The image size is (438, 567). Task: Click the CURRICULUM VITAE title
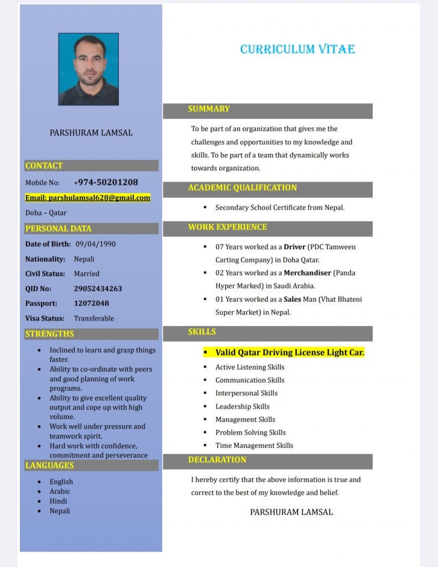298,49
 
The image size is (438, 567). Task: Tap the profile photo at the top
88,69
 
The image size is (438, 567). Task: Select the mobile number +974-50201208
106,182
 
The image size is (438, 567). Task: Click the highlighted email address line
88,198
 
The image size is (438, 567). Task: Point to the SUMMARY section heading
208,109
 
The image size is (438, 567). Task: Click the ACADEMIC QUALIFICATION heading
242,188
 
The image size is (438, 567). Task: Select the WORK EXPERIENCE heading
227,227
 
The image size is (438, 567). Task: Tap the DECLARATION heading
217,460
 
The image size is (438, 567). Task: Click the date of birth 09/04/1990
96,244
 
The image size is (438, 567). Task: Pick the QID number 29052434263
98,288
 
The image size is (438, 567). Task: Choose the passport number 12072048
91,303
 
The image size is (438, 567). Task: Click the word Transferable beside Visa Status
94,318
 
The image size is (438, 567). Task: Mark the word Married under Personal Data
87,274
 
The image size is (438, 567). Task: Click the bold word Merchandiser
307,273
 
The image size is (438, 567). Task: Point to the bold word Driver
295,247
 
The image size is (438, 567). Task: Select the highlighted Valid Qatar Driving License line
290,352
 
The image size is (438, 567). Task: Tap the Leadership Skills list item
242,406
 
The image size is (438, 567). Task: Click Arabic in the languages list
60,491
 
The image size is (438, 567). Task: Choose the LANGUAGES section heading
49,466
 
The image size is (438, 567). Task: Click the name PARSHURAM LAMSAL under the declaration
291,512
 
